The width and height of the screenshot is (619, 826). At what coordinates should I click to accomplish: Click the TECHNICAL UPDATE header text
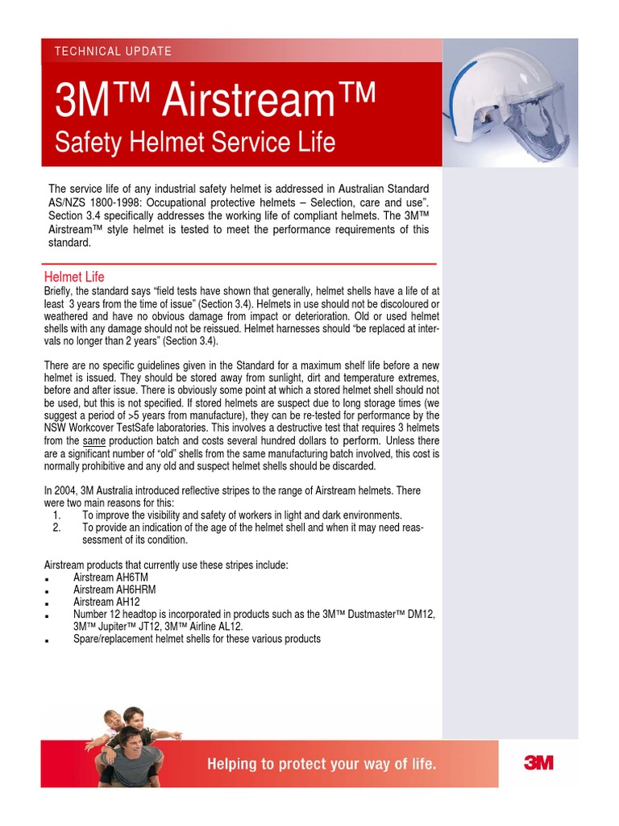click(x=113, y=51)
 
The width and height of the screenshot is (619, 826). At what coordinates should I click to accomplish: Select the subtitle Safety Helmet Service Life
click(x=193, y=143)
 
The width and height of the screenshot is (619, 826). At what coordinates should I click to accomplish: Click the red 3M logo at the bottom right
click(x=538, y=763)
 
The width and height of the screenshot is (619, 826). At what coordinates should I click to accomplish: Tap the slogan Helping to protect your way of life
click(x=322, y=763)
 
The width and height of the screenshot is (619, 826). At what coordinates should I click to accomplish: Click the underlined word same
click(x=95, y=441)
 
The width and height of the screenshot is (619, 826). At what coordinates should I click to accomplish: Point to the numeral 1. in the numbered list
click(x=56, y=515)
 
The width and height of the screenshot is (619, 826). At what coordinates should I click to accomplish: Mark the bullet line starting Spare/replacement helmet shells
click(x=197, y=639)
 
